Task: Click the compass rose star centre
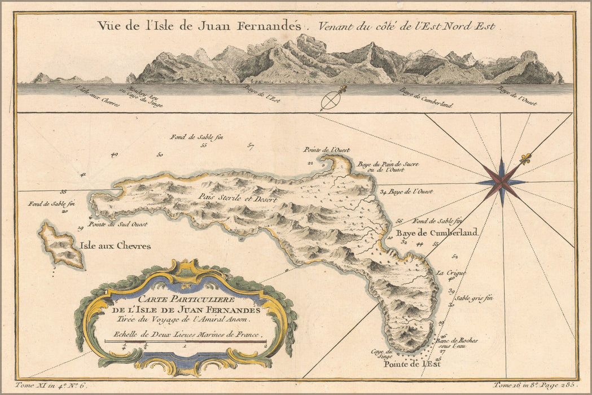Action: [501, 182]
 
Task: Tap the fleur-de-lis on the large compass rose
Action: [525, 160]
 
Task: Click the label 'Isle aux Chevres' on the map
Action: [116, 246]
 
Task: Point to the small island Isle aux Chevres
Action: [61, 246]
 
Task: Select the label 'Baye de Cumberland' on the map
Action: [444, 232]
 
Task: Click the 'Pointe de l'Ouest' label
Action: [326, 150]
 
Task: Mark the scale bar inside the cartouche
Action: [185, 343]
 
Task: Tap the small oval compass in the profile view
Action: [330, 100]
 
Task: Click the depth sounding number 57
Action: [251, 146]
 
